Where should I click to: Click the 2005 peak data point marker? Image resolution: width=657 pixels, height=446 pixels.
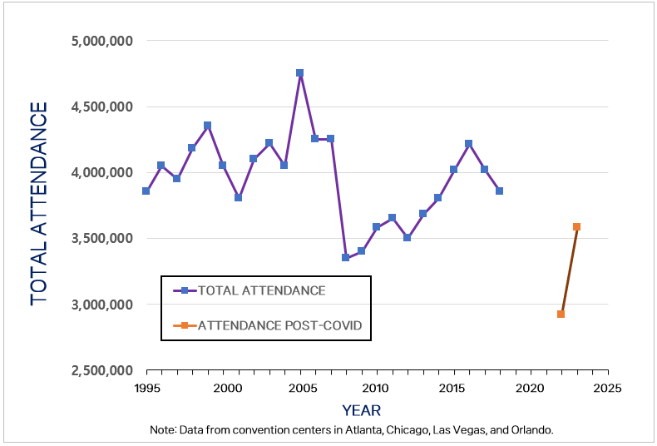(299, 73)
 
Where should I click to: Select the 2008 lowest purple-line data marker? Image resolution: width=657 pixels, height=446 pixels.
(345, 257)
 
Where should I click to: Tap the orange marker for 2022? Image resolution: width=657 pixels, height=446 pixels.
(561, 314)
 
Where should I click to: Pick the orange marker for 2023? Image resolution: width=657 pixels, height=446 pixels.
(576, 226)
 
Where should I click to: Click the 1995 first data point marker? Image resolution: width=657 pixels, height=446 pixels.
(146, 191)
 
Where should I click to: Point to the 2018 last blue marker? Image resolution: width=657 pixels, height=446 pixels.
(500, 191)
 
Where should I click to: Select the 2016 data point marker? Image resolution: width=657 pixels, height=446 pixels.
(469, 144)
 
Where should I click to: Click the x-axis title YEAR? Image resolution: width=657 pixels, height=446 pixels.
(361, 410)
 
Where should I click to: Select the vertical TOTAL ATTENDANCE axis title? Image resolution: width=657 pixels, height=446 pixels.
(38, 204)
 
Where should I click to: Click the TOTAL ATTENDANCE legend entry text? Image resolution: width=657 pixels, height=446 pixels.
(261, 290)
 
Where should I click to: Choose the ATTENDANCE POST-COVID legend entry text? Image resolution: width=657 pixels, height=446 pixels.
(279, 325)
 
